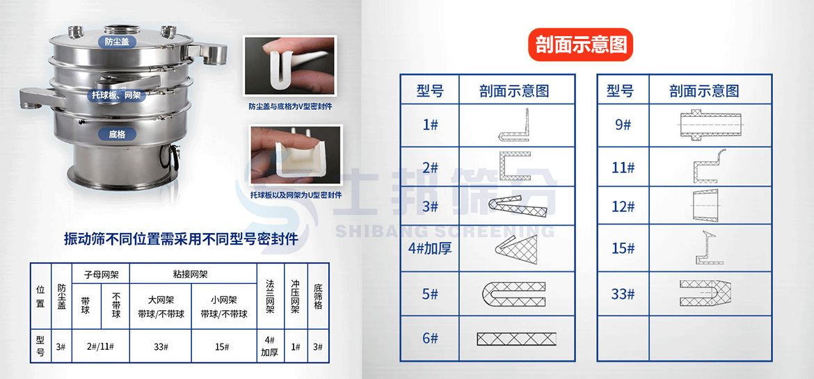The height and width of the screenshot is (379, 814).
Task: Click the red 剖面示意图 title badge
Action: pos(581,45)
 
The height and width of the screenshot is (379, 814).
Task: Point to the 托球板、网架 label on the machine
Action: pos(117,95)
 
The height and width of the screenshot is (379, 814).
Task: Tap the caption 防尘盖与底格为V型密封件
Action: pos(290,107)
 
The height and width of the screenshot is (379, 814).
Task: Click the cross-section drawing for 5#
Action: pos(514,294)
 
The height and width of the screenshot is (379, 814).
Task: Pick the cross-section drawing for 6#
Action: pos(516,339)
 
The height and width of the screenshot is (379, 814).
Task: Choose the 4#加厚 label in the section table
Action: pos(430,248)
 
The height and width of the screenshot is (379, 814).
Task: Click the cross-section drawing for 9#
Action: pos(712,125)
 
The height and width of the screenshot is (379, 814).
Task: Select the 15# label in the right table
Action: pos(623,248)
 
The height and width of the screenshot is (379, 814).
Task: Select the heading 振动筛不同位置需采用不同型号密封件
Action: pos(181,239)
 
